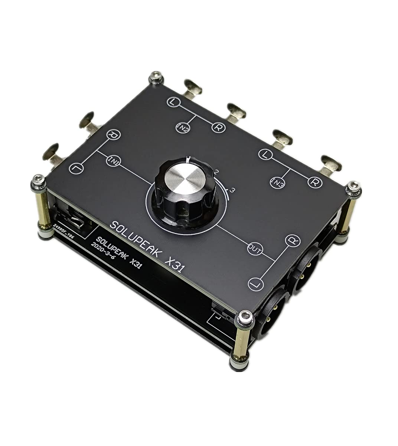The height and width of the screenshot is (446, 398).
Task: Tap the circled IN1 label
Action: pos(112,161)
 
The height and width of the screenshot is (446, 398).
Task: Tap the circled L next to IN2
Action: pos(173,101)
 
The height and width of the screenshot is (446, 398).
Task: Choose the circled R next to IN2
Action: pos(218,127)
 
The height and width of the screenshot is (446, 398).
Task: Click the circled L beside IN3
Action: pos(265,154)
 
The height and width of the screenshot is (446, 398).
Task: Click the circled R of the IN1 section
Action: pos(112,135)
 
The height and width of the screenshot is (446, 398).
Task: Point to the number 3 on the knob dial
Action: pos(232,190)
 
